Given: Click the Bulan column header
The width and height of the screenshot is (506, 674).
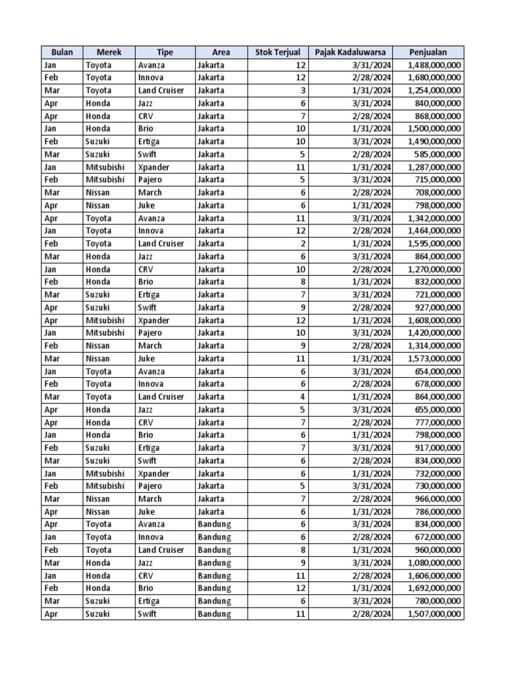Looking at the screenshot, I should [x=61, y=52].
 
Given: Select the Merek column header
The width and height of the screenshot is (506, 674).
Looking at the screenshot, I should [x=109, y=52].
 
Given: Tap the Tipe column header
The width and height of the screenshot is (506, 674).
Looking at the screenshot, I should [x=165, y=52].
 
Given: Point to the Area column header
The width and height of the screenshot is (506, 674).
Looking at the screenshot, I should [x=221, y=52].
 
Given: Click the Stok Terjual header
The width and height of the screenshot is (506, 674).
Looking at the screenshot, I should [x=277, y=52].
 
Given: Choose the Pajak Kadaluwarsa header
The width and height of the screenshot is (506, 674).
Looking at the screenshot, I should [x=351, y=52].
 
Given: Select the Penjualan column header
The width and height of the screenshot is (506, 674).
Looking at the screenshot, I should [x=428, y=52].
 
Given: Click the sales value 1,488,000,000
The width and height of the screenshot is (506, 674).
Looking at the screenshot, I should [x=434, y=65].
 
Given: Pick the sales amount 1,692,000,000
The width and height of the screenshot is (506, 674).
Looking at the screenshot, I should [x=434, y=588].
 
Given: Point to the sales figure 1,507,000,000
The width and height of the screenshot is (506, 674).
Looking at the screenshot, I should [x=434, y=614].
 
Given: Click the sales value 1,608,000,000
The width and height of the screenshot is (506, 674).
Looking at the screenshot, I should [x=434, y=321].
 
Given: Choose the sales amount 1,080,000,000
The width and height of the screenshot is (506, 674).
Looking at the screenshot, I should [x=434, y=563].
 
